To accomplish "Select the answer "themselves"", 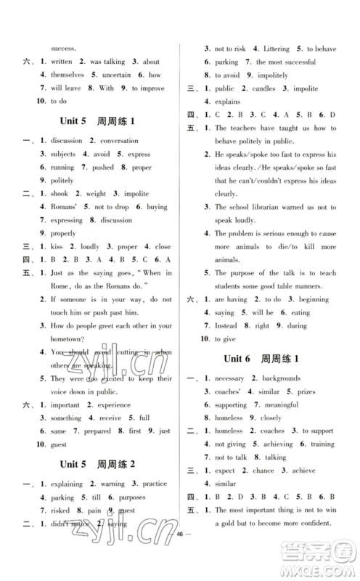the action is (x=67, y=75).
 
